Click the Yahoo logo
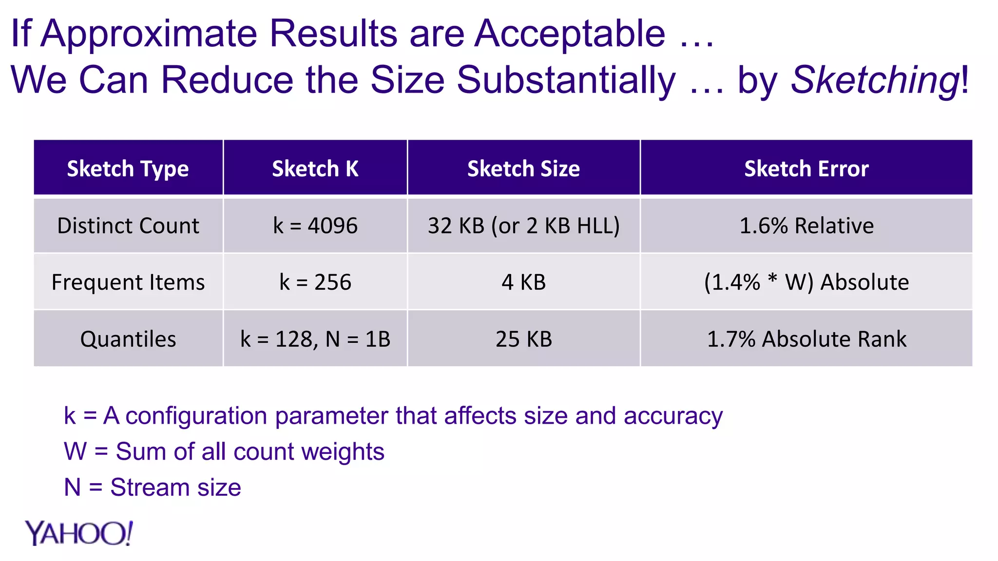pos(78,533)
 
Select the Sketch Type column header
pos(128,168)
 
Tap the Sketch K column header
pos(315,168)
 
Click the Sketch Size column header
pos(523,168)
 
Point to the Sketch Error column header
pos(806,168)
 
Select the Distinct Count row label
pos(128,226)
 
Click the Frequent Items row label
pos(128,282)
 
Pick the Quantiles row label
pos(128,339)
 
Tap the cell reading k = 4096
pos(315,226)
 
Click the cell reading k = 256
pos(315,282)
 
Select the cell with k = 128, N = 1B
pos(315,339)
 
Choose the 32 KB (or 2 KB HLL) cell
pos(523,226)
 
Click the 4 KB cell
pos(523,282)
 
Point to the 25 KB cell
pos(523,339)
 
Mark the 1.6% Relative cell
pos(806,226)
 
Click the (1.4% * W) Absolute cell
pos(806,282)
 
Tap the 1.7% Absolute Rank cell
pos(806,339)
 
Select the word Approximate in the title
pos(149,34)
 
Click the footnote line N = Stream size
pos(153,487)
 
